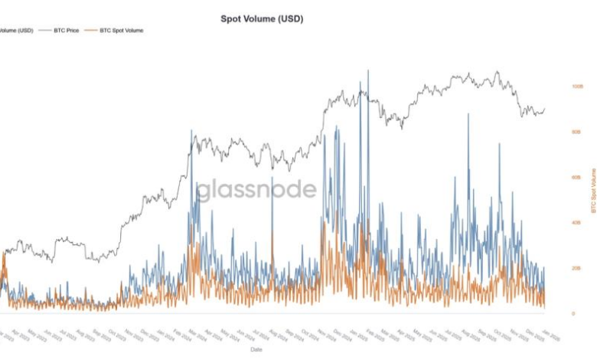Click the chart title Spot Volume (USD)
click(261, 18)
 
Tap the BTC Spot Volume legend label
click(121, 30)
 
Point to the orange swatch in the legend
click(91, 30)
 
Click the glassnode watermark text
click(256, 190)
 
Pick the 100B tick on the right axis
click(576, 87)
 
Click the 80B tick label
click(576, 132)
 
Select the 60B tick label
click(576, 177)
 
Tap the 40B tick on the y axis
click(576, 223)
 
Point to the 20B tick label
click(576, 268)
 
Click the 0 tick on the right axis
click(573, 313)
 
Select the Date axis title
click(256, 349)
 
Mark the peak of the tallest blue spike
click(368, 70)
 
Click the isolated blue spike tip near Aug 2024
click(272, 178)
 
